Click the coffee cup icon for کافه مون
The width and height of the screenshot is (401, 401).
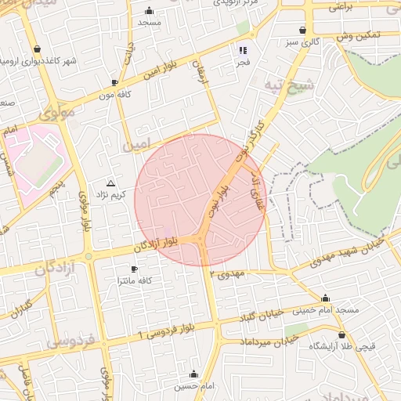pyautogui.click(x=115, y=82)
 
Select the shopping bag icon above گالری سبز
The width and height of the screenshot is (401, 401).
pyautogui.click(x=302, y=31)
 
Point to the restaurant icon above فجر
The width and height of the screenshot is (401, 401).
pyautogui.click(x=244, y=50)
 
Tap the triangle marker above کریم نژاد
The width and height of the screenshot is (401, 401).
pyautogui.click(x=110, y=182)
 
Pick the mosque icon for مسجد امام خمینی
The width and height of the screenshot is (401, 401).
pyautogui.click(x=326, y=298)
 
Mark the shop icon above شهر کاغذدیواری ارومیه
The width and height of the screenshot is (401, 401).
pyautogui.click(x=37, y=49)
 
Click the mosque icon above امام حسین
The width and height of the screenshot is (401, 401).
pyautogui.click(x=193, y=374)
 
